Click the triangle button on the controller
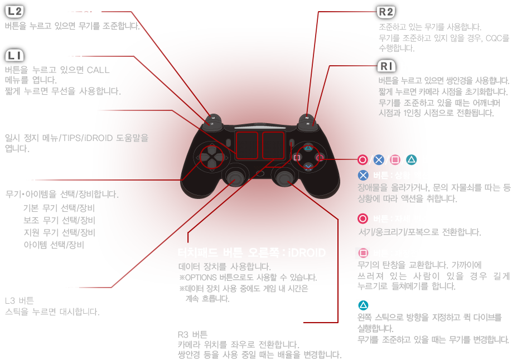[x=307, y=149]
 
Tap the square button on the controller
[x=297, y=158]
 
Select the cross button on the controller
[x=307, y=166]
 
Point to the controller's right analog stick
[x=284, y=177]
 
